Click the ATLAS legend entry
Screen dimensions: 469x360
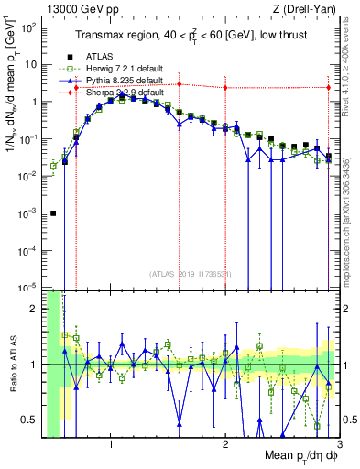99,56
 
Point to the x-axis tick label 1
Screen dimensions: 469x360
111,446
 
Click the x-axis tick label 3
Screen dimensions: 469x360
338,446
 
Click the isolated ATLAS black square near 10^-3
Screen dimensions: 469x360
53,213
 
